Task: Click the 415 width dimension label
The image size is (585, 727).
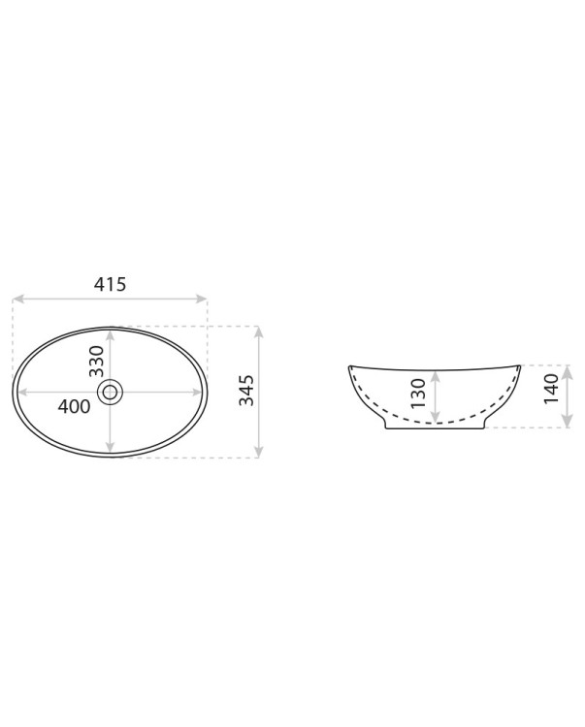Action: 110,284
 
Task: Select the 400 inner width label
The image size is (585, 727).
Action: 75,406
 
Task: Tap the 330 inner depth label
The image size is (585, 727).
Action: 96,362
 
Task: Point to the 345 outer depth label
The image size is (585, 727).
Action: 246,391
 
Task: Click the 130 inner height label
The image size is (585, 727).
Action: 418,394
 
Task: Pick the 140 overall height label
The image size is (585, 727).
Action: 552,389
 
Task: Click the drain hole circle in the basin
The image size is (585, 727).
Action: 110,393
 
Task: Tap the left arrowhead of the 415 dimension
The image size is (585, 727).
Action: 17,299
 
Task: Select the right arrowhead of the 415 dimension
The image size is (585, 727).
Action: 202,299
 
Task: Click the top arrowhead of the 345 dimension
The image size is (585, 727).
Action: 259,332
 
